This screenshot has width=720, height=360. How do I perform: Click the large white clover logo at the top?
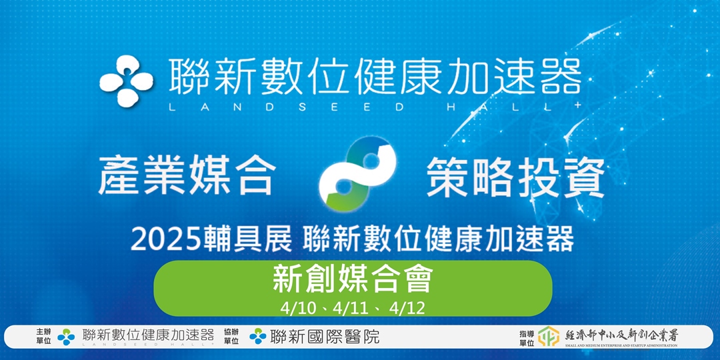[127, 81]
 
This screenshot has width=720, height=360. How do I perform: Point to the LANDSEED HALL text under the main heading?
[374, 107]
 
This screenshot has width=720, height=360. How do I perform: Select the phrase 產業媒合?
[186, 175]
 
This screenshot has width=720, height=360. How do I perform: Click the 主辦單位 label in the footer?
[44, 336]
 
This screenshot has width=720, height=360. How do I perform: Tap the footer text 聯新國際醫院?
[325, 337]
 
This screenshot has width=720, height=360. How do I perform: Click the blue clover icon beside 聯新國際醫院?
[258, 337]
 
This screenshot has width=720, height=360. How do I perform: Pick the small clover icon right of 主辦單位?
[66, 337]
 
